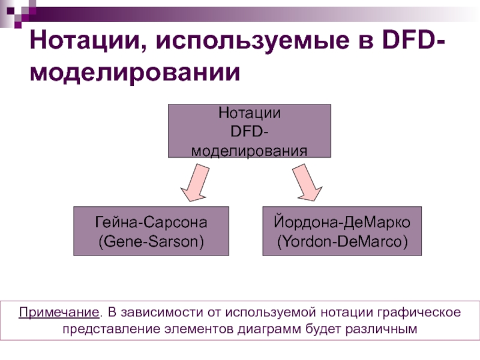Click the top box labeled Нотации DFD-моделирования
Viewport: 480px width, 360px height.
pos(249,131)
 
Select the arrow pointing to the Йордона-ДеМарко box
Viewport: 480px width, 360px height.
pos(306,184)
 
